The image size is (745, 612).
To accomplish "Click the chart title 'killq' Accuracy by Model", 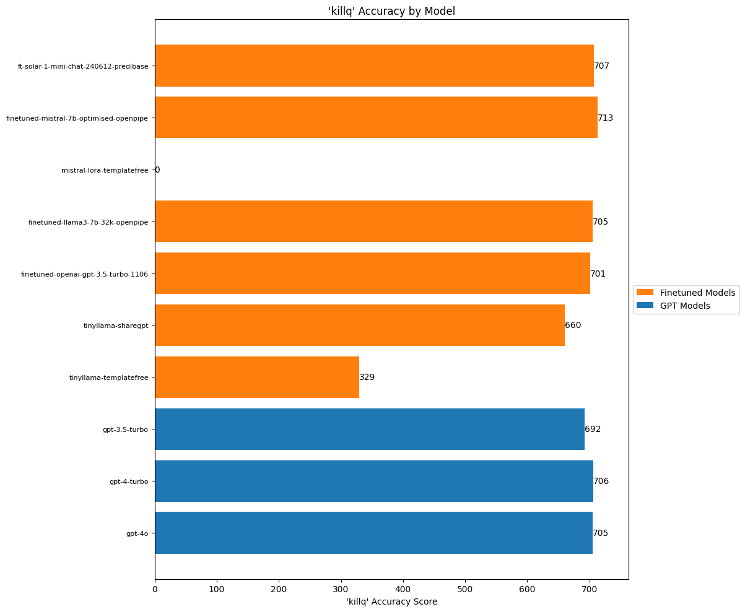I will click(391, 11).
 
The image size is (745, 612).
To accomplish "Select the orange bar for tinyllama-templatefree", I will click(257, 377).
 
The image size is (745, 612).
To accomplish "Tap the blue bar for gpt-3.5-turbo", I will click(370, 429).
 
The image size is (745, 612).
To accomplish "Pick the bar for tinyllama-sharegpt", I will click(360, 325).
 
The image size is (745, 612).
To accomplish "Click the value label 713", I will click(605, 118).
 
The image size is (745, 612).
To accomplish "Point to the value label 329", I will click(367, 377).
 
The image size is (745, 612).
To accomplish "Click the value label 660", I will click(573, 325).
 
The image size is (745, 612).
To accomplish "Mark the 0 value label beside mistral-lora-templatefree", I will click(157, 170).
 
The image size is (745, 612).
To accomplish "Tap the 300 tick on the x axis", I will click(341, 590).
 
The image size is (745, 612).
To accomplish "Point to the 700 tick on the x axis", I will click(590, 590).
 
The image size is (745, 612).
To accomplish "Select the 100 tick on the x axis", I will click(217, 590).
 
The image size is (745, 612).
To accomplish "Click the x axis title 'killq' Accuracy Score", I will click(391, 602).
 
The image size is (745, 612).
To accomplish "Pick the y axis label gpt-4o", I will click(137, 533).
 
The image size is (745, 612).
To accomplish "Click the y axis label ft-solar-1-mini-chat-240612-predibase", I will click(83, 66).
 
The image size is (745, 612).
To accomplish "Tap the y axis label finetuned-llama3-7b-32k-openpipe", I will click(88, 222).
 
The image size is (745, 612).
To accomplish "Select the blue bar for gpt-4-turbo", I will click(374, 481).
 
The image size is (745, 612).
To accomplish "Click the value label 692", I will click(593, 429).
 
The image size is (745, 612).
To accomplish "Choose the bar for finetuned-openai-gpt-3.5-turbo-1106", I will click(372, 273).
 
